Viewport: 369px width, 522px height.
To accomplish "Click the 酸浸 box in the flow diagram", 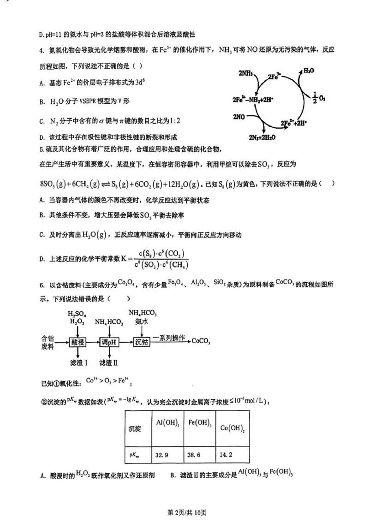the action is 77,342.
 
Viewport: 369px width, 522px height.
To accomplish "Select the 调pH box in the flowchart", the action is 108,342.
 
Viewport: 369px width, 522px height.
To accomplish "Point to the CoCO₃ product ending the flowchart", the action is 201,341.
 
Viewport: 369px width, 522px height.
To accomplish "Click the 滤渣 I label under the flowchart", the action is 77,363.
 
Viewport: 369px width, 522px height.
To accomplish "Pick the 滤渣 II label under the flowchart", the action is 109,363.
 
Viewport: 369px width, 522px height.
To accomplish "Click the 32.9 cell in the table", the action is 161,455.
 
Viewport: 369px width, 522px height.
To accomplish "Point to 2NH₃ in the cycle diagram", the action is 246,73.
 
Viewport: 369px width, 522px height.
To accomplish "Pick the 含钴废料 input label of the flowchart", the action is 48,342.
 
